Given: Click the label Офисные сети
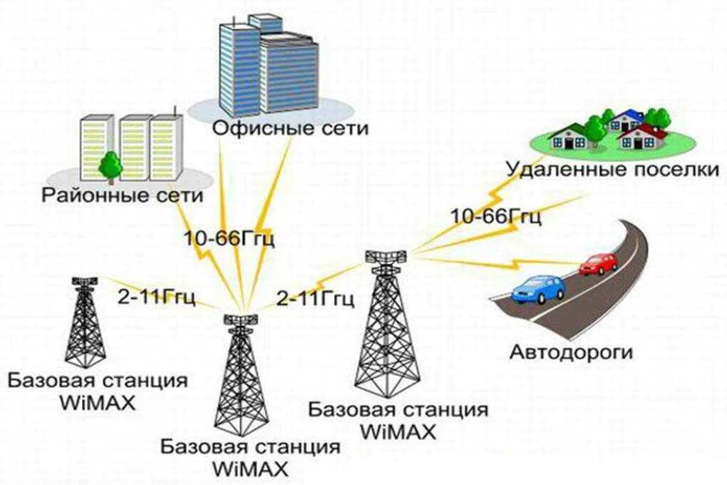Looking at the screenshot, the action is [x=290, y=128].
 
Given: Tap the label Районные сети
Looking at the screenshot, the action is [x=123, y=195].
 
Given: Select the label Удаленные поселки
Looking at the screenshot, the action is [x=613, y=170].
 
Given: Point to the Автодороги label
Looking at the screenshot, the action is [x=571, y=352].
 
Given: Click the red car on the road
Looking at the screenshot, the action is [x=599, y=264].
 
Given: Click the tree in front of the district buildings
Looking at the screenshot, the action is [x=110, y=165].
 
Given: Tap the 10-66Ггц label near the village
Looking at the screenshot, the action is [x=495, y=216].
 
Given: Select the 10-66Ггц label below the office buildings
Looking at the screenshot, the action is [x=229, y=238].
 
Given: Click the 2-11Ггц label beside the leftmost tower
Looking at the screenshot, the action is [x=156, y=297].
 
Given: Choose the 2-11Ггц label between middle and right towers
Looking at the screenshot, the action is [x=315, y=298].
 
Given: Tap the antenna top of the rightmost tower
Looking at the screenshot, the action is [x=386, y=257].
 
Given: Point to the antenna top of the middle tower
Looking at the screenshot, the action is [x=241, y=320].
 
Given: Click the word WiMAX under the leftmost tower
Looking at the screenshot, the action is [x=98, y=402].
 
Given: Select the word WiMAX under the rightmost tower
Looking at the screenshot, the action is [x=398, y=432].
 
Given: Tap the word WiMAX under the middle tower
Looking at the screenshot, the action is [x=250, y=468].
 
